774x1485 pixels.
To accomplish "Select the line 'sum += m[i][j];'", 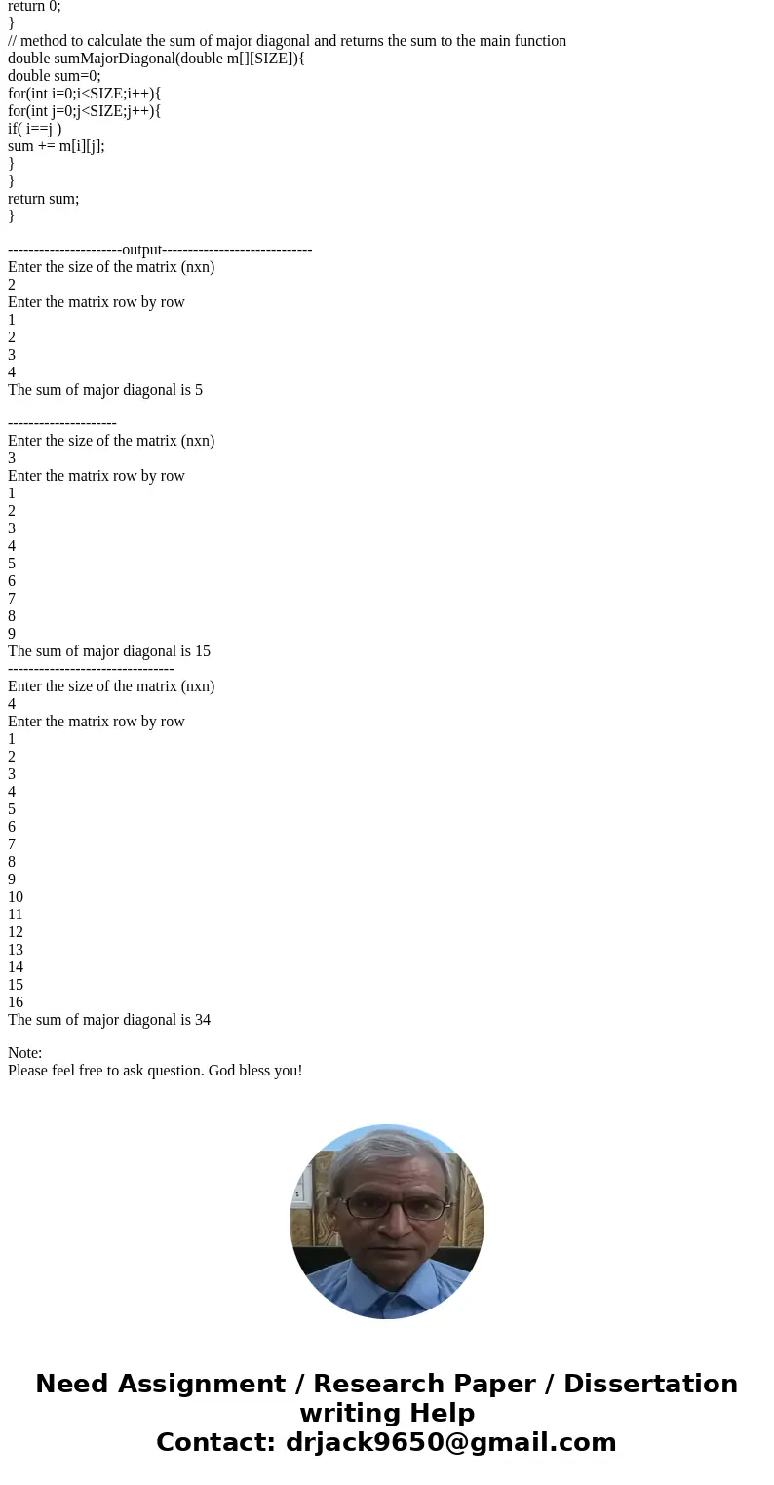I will (x=56, y=146).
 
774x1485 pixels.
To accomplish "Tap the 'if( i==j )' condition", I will (x=34, y=129).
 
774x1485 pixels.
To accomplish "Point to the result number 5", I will (x=199, y=390).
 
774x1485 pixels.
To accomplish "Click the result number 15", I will (x=202, y=651).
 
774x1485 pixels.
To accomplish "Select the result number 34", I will (x=202, y=1020).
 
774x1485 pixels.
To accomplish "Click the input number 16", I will (x=16, y=1002).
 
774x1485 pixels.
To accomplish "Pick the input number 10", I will (x=16, y=897).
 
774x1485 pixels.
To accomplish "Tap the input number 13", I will (x=16, y=950).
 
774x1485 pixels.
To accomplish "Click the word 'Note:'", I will (x=25, y=1053).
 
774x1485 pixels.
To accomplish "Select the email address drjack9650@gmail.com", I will (x=450, y=1443).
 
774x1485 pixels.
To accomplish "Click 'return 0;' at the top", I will (x=34, y=6).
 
